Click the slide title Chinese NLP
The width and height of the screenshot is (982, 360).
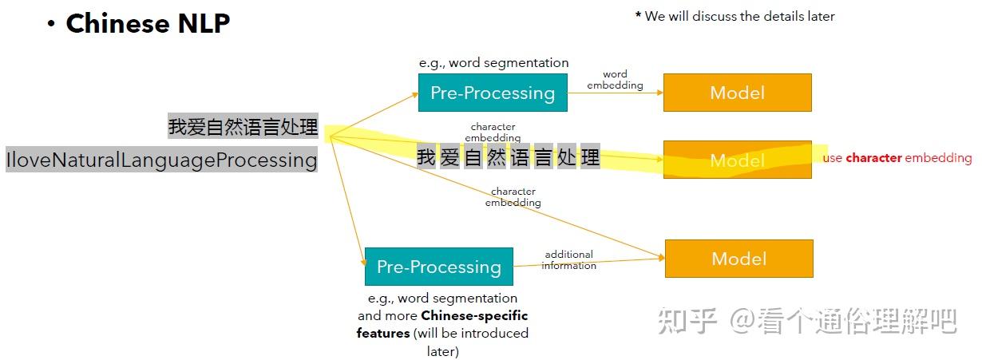coord(148,24)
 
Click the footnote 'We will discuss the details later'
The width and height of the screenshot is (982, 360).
coord(735,16)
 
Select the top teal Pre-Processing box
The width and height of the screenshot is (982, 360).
coord(492,93)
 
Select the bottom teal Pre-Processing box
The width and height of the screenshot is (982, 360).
coord(438,267)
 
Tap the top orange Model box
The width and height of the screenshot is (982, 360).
coord(737,93)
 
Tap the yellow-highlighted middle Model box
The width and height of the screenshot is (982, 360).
coord(737,160)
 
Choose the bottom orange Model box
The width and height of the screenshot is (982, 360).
coord(738,259)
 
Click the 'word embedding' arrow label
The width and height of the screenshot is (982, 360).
coord(615,80)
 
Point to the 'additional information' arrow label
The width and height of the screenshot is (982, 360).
coord(568,260)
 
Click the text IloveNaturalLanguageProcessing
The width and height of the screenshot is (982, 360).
coord(162,160)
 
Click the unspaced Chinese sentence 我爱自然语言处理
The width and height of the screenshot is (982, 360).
coord(243,126)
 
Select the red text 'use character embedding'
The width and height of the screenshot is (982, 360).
coord(897,158)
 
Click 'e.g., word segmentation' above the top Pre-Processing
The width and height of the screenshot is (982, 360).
coord(493,62)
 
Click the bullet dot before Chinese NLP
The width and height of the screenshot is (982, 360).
coord(51,25)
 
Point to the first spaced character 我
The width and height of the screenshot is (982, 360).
coord(426,157)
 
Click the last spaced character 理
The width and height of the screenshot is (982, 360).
coord(590,157)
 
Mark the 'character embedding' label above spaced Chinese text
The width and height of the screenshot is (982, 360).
coord(493,133)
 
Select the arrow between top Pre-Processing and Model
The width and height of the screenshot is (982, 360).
coord(615,93)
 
